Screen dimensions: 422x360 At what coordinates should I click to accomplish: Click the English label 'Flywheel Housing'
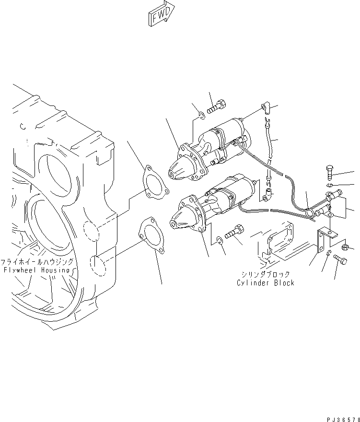pos(37,270)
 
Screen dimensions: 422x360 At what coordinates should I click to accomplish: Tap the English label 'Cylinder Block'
pos(265,283)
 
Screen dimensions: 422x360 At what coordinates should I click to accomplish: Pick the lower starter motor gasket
pos(151,236)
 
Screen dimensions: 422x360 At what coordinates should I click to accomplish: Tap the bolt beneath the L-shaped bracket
pos(341,259)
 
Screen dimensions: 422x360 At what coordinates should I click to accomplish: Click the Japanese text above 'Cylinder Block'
pos(265,274)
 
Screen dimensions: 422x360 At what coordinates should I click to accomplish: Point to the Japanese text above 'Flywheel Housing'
pos(37,262)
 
